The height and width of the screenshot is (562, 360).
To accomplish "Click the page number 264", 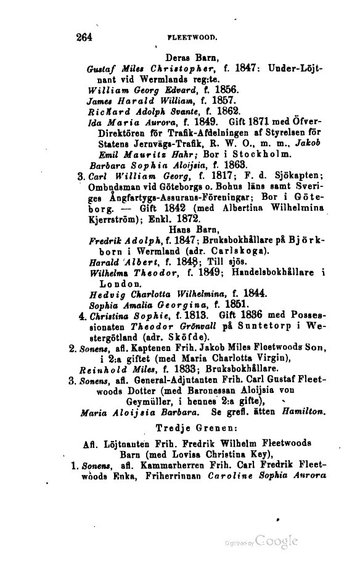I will click(81, 36).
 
